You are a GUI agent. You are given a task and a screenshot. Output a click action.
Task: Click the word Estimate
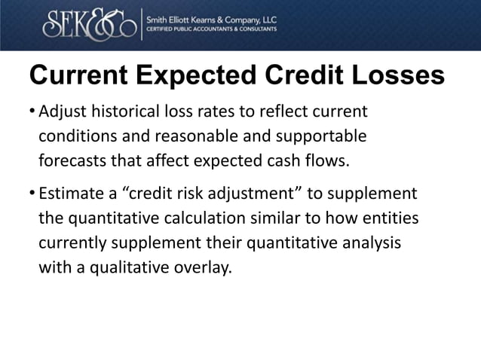(71, 194)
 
